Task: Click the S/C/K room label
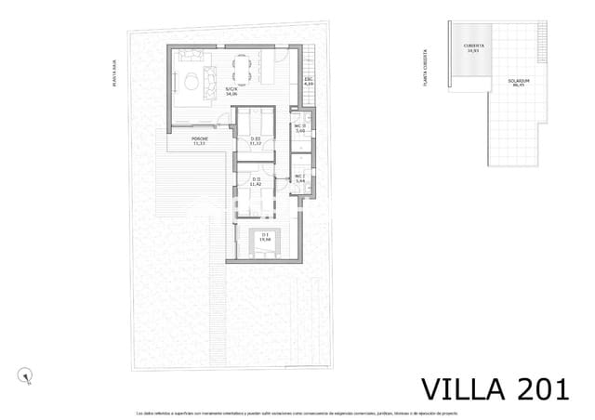(231, 91)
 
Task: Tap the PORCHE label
(199, 141)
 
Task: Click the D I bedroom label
(265, 237)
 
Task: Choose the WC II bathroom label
(300, 128)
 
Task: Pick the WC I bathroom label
(300, 178)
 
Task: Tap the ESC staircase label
(308, 82)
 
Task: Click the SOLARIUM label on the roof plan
(519, 82)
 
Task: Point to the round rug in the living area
(192, 80)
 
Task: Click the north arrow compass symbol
(25, 374)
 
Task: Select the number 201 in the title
(532, 387)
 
